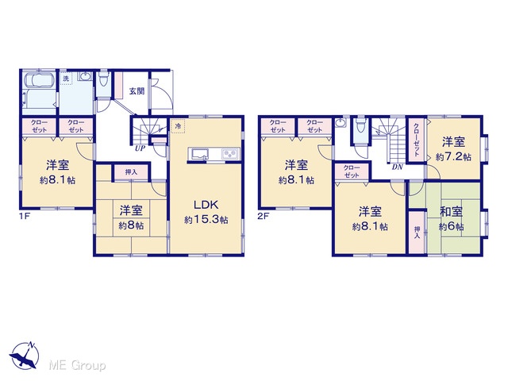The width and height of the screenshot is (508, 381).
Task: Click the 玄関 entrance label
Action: (137, 91)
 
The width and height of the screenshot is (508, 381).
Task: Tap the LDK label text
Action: (206, 205)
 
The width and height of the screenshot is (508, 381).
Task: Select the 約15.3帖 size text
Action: (206, 220)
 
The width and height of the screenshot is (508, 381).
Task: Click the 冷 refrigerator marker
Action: (178, 126)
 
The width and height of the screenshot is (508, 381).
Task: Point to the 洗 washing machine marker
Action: (66, 78)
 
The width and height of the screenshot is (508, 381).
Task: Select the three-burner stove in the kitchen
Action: (231, 153)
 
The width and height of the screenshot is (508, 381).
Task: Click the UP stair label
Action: (140, 148)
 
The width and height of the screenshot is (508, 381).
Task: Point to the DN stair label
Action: (397, 167)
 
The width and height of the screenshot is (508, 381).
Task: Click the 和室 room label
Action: (451, 212)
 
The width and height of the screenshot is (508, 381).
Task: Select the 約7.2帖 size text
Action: (453, 157)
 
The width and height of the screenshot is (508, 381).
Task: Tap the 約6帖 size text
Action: (451, 226)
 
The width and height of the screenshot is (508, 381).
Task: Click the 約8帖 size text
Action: (131, 225)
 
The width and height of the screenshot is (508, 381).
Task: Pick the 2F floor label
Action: (263, 216)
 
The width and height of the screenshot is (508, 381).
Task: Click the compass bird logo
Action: (24, 355)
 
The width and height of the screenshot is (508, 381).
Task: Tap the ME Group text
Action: (77, 365)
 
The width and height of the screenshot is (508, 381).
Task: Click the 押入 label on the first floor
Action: (131, 172)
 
